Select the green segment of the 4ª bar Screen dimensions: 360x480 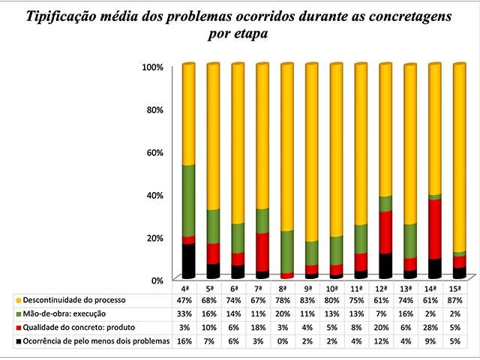187,201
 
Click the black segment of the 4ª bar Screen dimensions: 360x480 187,259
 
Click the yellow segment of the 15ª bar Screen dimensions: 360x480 459,157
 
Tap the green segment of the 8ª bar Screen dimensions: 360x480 286,251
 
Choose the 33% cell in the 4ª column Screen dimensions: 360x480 187,313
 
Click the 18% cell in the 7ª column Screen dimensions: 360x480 261,327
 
